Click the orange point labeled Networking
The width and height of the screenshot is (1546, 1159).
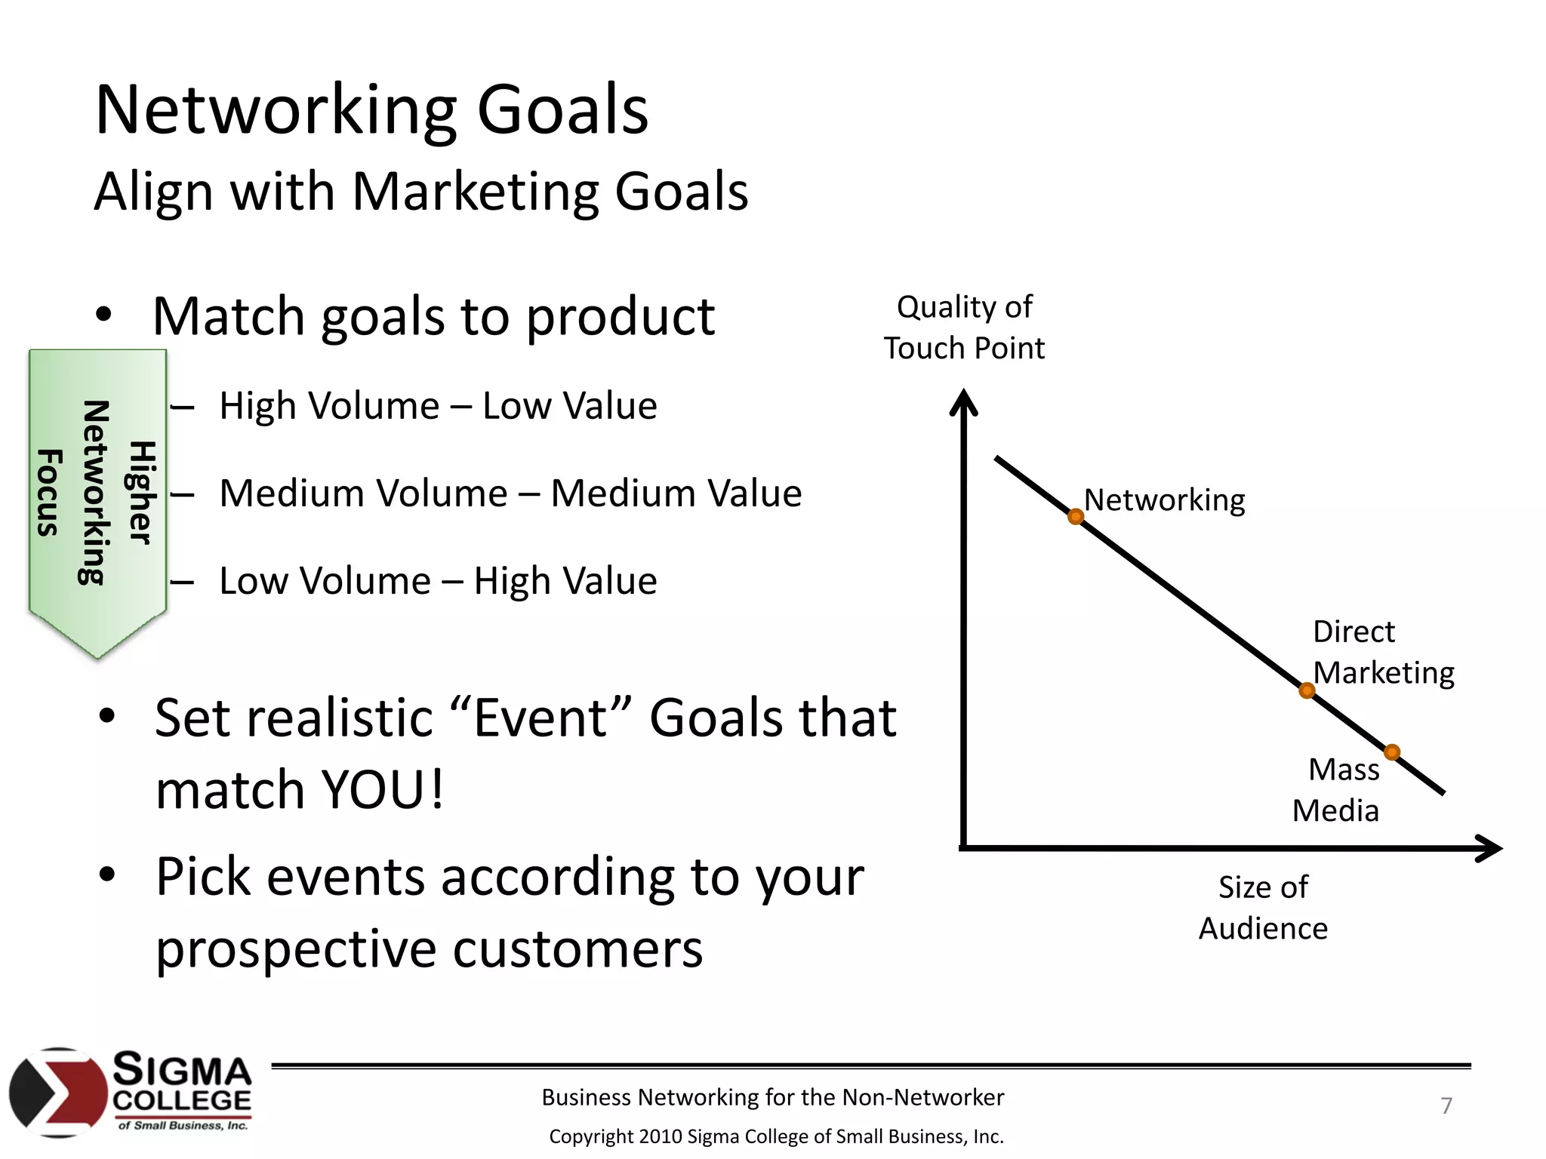[1076, 517]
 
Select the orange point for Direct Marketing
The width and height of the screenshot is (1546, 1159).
[1307, 690]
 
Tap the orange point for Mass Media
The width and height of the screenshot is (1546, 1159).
[1392, 752]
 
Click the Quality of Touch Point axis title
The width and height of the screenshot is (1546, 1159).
[964, 327]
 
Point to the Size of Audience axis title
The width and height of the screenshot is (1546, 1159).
[1263, 908]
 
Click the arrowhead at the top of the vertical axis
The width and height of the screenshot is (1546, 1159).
[963, 400]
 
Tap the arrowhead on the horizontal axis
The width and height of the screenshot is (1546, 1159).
[1490, 849]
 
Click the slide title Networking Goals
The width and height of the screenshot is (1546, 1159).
[371, 110]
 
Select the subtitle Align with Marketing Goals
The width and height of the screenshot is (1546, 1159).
[420, 192]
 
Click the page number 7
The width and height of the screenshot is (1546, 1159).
[1446, 1105]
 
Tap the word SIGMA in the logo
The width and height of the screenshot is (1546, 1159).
[182, 1071]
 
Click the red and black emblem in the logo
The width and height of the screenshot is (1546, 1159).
[58, 1092]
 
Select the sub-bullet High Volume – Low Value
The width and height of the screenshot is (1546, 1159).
[438, 406]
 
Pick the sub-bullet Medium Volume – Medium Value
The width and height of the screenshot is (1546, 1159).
[510, 493]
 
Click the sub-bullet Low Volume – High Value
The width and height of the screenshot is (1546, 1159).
[438, 581]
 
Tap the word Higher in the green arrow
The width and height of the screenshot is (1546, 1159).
[141, 492]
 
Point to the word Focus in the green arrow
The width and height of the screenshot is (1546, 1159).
[49, 492]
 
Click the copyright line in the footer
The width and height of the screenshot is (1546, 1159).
[775, 1136]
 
